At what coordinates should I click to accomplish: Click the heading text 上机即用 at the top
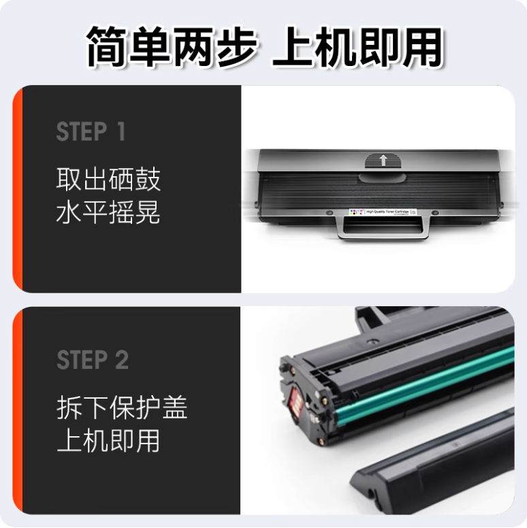(357, 47)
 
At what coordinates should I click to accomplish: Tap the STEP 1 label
(91, 132)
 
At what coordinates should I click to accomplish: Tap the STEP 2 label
(93, 360)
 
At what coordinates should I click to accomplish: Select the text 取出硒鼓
(108, 181)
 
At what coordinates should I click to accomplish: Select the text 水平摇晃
(108, 213)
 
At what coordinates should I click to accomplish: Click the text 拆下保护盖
(122, 408)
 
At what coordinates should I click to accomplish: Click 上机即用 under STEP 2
(108, 440)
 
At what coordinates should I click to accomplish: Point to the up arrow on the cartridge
(383, 161)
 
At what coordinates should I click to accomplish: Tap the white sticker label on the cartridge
(381, 212)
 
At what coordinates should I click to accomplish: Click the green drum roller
(422, 384)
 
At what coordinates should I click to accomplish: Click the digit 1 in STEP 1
(121, 132)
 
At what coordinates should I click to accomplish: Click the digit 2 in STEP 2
(121, 360)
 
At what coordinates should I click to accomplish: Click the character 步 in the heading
(234, 47)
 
